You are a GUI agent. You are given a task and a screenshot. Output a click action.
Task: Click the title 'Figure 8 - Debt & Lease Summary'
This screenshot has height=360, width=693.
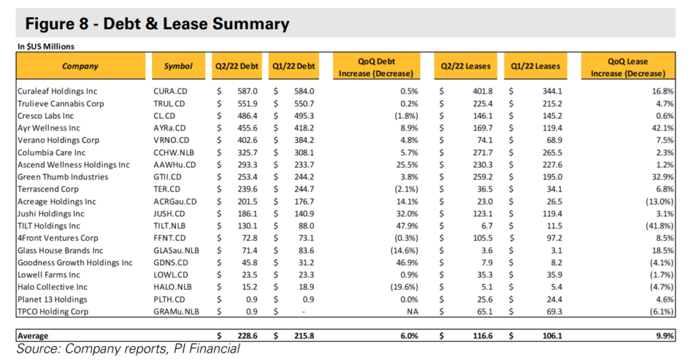coord(157,24)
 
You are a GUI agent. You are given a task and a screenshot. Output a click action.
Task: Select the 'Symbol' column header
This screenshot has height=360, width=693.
coord(178,66)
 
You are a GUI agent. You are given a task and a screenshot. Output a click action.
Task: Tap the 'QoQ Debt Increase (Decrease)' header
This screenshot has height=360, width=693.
coord(376,67)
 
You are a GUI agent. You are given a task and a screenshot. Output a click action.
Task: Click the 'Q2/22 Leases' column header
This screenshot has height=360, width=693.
coord(466,66)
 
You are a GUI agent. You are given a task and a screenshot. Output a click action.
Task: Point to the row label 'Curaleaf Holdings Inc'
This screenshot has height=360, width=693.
coord(58,91)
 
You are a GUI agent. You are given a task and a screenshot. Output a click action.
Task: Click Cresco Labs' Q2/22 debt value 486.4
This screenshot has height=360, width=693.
coord(247,116)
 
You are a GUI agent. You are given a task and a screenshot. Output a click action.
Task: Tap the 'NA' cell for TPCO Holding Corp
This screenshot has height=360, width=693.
coord(412,311)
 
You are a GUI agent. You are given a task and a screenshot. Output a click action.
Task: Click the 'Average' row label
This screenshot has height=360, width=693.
coord(33,336)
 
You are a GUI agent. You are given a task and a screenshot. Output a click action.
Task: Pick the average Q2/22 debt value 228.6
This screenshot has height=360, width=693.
coord(248,336)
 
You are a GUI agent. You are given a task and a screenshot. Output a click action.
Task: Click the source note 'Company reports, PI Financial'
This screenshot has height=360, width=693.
coord(152,349)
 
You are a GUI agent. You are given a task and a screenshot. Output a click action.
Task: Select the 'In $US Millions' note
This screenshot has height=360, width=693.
coord(46,47)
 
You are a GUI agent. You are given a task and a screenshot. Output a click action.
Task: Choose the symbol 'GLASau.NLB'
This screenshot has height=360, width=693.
coord(177,250)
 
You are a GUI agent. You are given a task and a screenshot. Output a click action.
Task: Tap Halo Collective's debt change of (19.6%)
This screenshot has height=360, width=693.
coord(405,287)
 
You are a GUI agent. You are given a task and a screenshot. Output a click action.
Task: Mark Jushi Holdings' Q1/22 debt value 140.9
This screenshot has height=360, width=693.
coord(304,213)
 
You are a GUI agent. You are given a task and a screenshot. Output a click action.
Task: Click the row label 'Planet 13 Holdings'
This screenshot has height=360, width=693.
coord(53,299)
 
